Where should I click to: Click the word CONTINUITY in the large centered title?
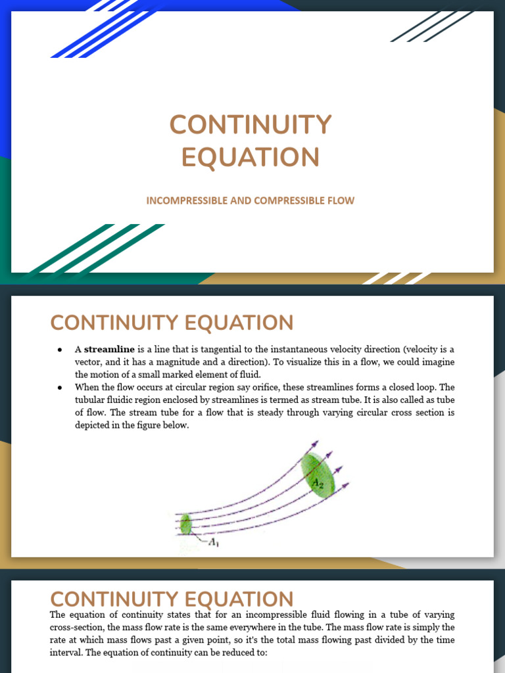tap(251, 125)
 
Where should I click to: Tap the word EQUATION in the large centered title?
tap(251, 158)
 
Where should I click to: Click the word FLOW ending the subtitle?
tap(341, 200)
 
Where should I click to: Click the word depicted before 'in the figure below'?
tap(93, 425)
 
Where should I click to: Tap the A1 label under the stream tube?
tap(214, 543)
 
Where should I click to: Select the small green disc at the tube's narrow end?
tap(186, 524)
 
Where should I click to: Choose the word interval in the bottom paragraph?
tap(68, 653)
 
